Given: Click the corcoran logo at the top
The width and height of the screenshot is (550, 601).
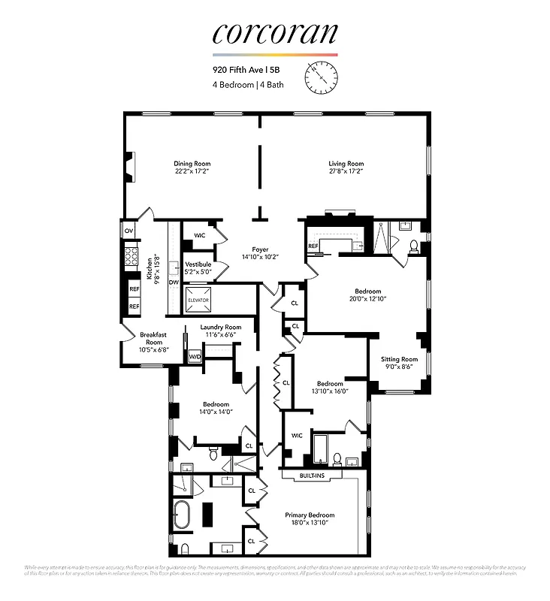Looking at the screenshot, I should click(274, 34).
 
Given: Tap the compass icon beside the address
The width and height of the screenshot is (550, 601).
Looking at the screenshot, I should click(322, 77).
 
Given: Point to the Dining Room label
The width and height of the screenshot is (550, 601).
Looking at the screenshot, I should click(192, 163).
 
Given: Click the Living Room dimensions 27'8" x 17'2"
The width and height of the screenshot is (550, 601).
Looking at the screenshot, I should click(346, 171).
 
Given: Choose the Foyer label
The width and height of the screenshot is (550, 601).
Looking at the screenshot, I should click(260, 249).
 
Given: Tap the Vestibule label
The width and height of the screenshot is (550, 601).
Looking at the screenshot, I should click(198, 264).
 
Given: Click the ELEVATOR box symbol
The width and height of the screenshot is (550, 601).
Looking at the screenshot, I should click(199, 299).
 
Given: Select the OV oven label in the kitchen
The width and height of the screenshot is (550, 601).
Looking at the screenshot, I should click(128, 231).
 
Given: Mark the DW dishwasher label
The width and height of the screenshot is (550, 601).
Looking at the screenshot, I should click(173, 282).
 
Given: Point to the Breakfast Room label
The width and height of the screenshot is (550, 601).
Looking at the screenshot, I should click(153, 338).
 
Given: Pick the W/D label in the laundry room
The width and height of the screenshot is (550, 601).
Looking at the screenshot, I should click(195, 356).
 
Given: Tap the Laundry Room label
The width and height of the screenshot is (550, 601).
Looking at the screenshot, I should click(221, 327).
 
